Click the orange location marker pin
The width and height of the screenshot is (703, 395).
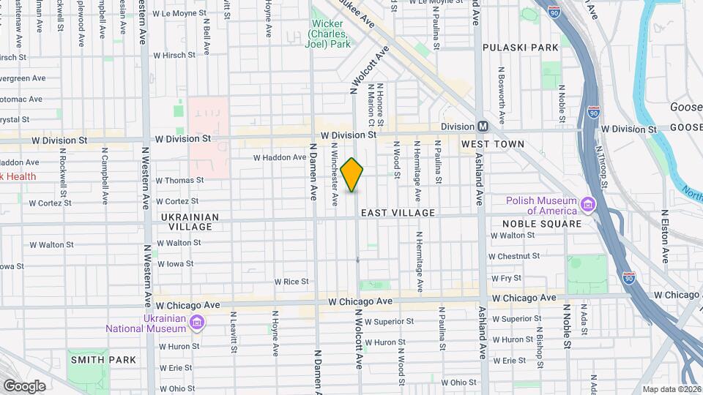352,175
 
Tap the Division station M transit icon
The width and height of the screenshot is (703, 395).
483,126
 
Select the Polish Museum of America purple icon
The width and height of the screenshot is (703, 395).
587,203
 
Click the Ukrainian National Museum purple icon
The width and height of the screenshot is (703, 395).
196,322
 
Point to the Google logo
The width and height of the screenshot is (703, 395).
23,385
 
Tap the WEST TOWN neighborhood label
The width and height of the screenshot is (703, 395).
493,144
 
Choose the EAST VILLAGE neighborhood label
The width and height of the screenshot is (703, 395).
397,213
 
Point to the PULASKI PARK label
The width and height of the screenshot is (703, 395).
520,48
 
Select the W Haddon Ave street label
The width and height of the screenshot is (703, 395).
280,157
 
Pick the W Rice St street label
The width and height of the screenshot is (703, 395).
291,281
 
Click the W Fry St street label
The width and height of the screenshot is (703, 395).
506,278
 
